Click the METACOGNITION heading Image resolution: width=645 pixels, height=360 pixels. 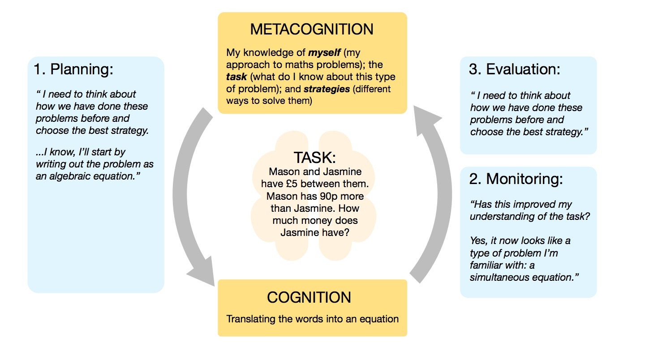point(312,30)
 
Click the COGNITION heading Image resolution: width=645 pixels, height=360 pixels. point(309,297)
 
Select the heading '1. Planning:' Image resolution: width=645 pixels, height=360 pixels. point(74,69)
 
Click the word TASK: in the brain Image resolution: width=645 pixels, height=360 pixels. point(314,158)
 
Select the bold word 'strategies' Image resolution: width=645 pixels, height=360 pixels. point(327,89)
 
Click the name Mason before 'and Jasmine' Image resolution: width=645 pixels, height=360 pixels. point(284,172)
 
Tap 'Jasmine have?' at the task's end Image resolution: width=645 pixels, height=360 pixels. point(314,233)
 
